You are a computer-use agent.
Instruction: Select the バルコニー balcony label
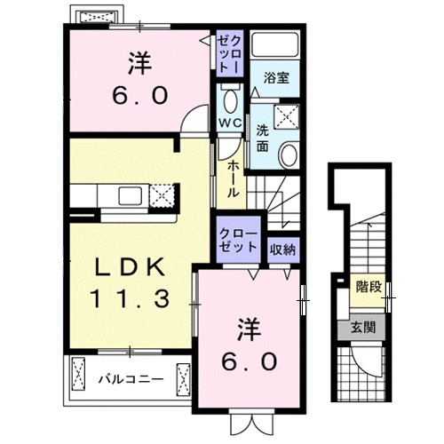tap(130, 379)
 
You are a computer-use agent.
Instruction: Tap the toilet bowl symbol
tap(229, 99)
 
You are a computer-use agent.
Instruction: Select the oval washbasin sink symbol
tap(289, 155)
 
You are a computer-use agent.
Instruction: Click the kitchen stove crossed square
tap(161, 194)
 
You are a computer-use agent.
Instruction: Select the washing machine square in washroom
tap(286, 114)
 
